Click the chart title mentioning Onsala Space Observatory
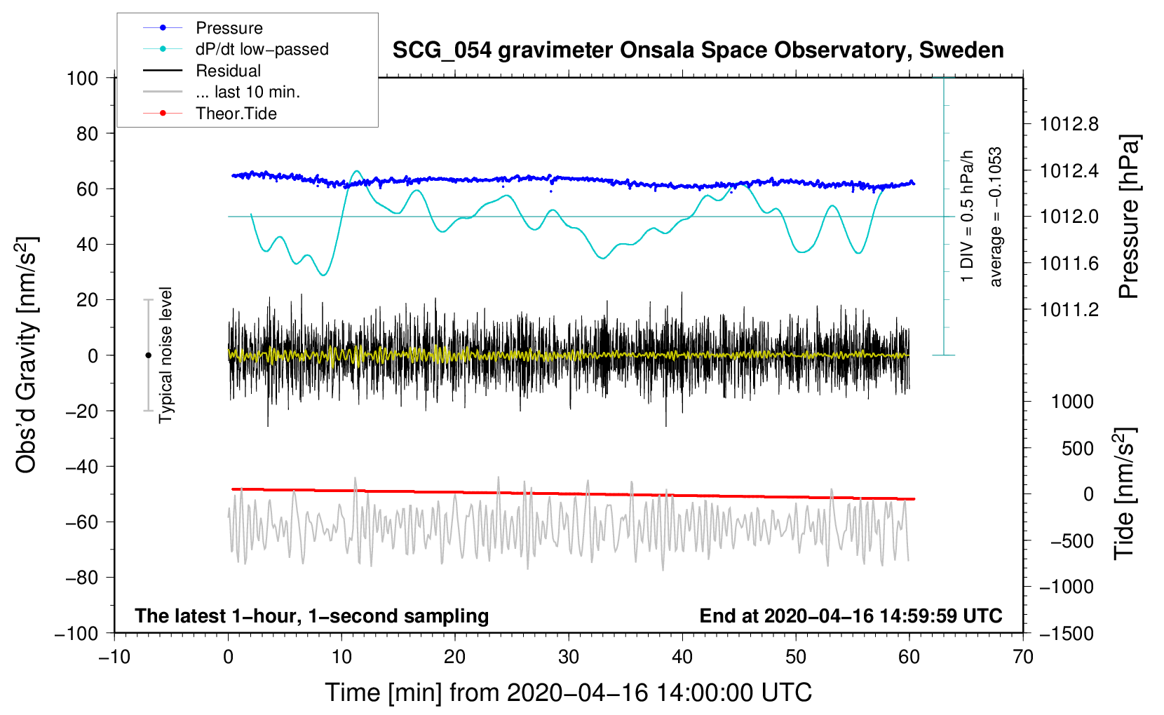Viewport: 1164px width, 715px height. [698, 50]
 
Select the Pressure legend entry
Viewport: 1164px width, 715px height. [229, 28]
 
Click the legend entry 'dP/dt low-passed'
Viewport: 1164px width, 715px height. [262, 49]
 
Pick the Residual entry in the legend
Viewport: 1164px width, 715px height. [228, 71]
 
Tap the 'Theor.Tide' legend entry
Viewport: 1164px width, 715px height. [236, 114]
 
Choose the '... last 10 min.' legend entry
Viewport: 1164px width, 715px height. [248, 92]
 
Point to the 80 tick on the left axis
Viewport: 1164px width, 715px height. [87, 133]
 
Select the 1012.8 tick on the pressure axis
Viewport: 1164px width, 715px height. [1069, 124]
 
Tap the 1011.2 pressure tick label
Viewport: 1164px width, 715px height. [1069, 309]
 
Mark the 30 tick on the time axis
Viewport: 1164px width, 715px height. [569, 657]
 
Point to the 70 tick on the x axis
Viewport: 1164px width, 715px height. [1023, 657]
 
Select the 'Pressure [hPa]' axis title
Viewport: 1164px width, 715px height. [1129, 217]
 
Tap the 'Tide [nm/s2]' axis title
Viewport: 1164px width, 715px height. [1125, 493]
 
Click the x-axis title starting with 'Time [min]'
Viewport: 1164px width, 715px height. [569, 693]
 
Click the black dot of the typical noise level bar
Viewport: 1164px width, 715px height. [148, 355]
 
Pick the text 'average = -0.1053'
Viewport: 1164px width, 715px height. [996, 217]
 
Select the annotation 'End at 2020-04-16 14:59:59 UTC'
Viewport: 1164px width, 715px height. [851, 615]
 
